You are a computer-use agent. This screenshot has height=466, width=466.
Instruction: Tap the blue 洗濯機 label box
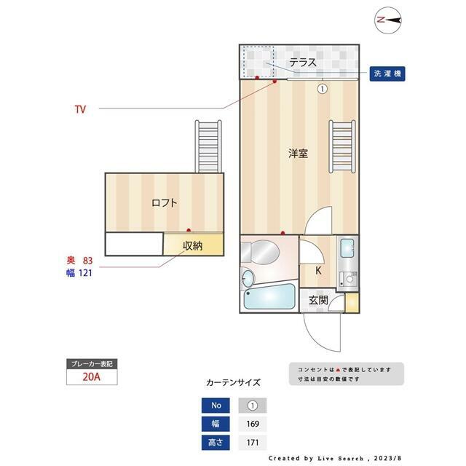[387, 74]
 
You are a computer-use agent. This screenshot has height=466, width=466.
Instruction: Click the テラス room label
[302, 63]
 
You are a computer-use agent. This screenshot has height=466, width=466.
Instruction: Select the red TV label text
[80, 109]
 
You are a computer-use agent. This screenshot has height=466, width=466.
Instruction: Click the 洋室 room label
[298, 154]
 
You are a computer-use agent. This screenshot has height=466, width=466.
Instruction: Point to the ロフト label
[164, 203]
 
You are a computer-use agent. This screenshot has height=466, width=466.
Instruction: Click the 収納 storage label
[192, 245]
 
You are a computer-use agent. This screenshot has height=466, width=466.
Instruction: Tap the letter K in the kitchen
[318, 271]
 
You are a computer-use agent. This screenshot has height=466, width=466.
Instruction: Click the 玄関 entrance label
[318, 300]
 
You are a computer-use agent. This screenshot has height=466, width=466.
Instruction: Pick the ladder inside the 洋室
[341, 146]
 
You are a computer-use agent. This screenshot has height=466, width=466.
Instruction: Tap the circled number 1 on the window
[321, 89]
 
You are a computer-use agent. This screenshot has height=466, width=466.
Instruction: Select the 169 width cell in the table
[253, 424]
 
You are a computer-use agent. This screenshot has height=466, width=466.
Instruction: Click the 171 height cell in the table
[253, 442]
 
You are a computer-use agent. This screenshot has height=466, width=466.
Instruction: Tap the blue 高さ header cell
[215, 442]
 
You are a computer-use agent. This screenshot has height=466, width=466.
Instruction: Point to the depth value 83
[88, 260]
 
